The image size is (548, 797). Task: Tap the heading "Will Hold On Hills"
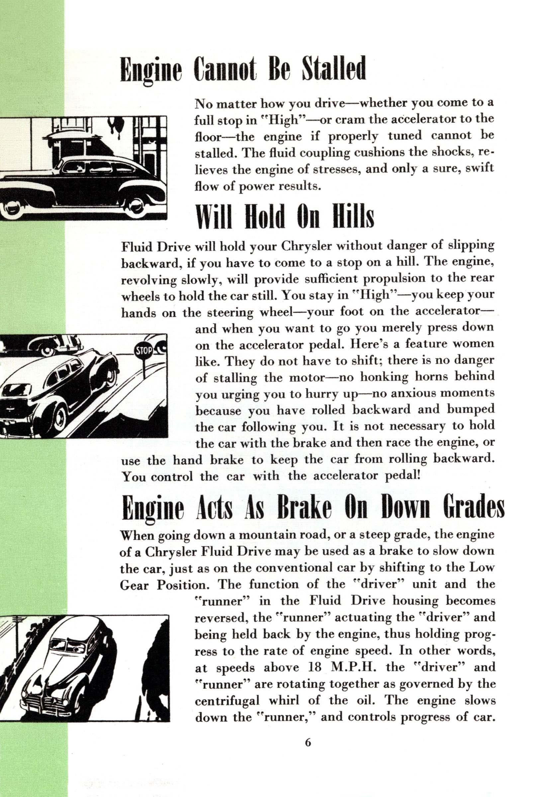tap(284, 217)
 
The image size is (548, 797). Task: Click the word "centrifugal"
tap(227, 701)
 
